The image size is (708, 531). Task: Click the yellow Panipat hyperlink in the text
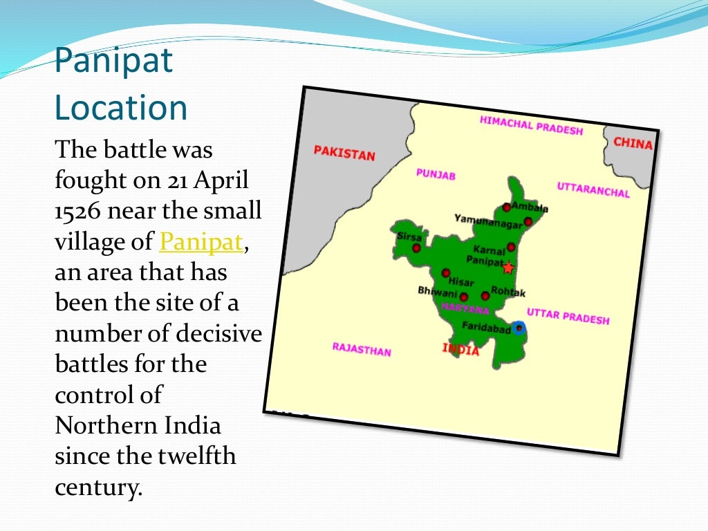201,242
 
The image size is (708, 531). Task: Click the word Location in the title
121,109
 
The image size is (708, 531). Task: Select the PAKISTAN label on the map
344,153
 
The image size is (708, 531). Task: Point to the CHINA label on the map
632,144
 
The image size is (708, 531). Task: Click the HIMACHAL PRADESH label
531,126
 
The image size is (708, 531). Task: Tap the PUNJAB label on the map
436,174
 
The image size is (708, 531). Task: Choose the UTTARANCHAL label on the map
593,189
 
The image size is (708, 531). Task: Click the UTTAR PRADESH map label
568,316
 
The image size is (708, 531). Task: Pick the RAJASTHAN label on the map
361,349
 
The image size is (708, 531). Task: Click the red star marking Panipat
508,268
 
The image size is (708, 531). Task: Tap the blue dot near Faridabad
520,328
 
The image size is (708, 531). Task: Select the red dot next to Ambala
506,207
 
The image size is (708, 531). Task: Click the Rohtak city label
508,292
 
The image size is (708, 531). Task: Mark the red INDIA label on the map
460,349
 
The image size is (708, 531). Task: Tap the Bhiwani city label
437,292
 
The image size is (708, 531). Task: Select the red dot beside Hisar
445,273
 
